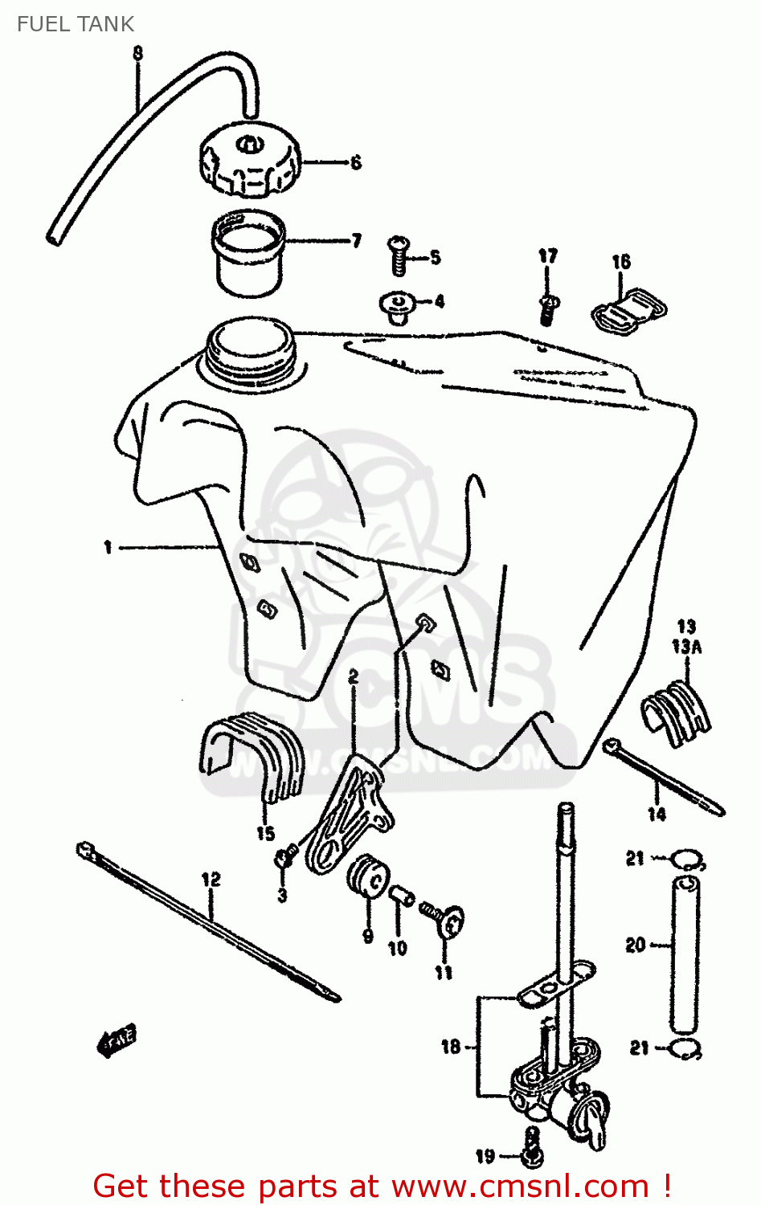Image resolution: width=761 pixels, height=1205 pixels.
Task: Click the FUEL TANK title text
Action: point(75,24)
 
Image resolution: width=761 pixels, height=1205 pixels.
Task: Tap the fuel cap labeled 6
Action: point(249,163)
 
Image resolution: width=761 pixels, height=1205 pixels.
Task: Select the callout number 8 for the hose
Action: point(137,53)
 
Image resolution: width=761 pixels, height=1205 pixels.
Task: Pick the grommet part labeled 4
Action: point(396,306)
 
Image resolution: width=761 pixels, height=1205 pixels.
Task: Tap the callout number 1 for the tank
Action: point(108,548)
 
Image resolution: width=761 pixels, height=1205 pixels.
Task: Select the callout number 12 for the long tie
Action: point(211,880)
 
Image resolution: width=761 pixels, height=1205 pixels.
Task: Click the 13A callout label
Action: point(686,646)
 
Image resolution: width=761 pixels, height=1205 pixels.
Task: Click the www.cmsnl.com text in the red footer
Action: point(519,1187)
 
